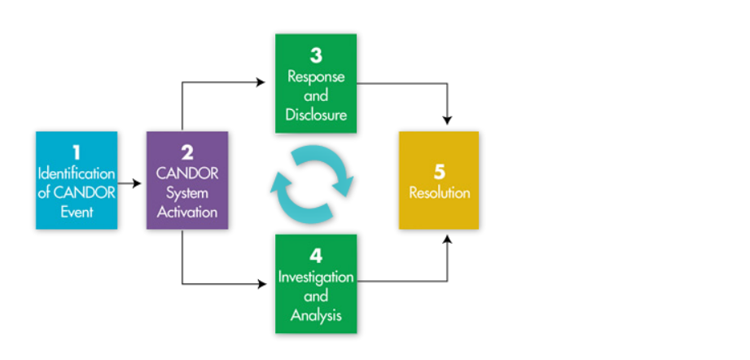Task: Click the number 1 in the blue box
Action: pos(77,152)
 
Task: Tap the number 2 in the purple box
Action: pos(187,152)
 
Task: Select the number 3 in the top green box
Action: pos(316,55)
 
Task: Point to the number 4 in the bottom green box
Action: pos(316,256)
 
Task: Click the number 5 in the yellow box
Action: pos(439,173)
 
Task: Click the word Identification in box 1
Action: pos(77,173)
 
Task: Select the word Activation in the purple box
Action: pos(187,212)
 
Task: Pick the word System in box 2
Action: pos(187,193)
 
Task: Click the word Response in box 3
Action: pos(316,77)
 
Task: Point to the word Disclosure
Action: pos(316,115)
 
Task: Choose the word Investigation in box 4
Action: pos(316,277)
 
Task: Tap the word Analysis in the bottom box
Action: pos(316,314)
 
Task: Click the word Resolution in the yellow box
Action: pos(439,193)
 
